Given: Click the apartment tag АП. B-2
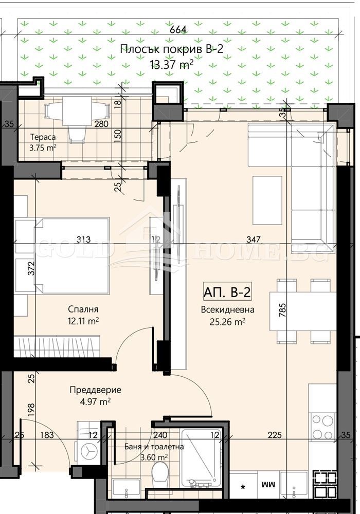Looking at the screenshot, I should (x=227, y=292).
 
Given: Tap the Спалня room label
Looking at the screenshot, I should (x=83, y=309).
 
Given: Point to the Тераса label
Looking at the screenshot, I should (x=43, y=137).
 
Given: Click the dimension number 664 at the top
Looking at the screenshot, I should (x=178, y=30).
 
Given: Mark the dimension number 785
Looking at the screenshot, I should (x=282, y=310).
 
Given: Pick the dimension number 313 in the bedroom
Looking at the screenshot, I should (x=83, y=239).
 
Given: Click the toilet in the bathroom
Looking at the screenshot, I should (x=161, y=472).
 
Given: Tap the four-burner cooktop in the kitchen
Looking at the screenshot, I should (x=323, y=425).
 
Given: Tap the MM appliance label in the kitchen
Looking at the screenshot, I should (x=267, y=484).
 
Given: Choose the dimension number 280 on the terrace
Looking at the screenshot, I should (x=101, y=124).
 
